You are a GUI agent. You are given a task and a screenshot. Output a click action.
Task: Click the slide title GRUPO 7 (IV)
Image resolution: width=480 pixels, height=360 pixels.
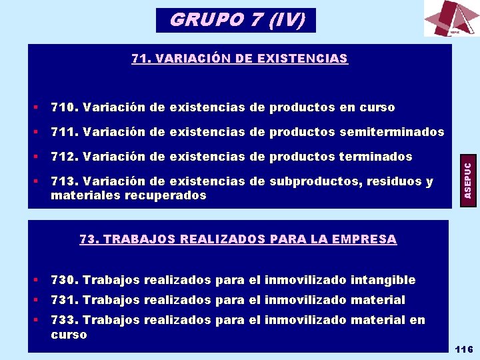pos(237,20)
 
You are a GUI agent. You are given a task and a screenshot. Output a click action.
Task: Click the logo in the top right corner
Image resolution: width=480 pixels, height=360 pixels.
pos(451,19)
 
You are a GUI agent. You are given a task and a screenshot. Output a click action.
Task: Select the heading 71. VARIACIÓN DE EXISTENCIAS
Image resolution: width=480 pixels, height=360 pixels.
pos(239,59)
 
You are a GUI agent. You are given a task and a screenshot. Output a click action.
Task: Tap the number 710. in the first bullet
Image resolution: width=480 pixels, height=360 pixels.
pos(65,107)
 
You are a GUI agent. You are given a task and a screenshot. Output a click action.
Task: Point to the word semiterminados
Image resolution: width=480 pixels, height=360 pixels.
pos(391,132)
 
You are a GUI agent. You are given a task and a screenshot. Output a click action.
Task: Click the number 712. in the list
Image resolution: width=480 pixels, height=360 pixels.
pos(65,157)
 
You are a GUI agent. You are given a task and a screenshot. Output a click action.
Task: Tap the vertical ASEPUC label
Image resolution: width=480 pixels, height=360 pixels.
pos(468,179)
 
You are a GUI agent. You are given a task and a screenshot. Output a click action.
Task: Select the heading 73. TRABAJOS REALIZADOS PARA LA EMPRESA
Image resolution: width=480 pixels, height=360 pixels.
pos(238,239)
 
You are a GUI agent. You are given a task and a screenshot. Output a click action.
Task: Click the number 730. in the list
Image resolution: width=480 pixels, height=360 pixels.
pos(65,280)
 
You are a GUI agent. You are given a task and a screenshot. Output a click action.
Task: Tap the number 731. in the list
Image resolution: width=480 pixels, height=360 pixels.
pos(65,300)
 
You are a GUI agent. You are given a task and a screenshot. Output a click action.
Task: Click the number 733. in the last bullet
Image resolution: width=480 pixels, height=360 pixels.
pos(65,320)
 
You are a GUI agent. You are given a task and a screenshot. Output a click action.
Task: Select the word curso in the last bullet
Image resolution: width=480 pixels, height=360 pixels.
pos(69,334)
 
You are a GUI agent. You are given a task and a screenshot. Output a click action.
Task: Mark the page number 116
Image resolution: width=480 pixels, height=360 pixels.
pos(463,349)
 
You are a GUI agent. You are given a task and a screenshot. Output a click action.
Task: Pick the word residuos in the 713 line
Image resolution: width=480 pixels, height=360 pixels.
pos(392,181)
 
